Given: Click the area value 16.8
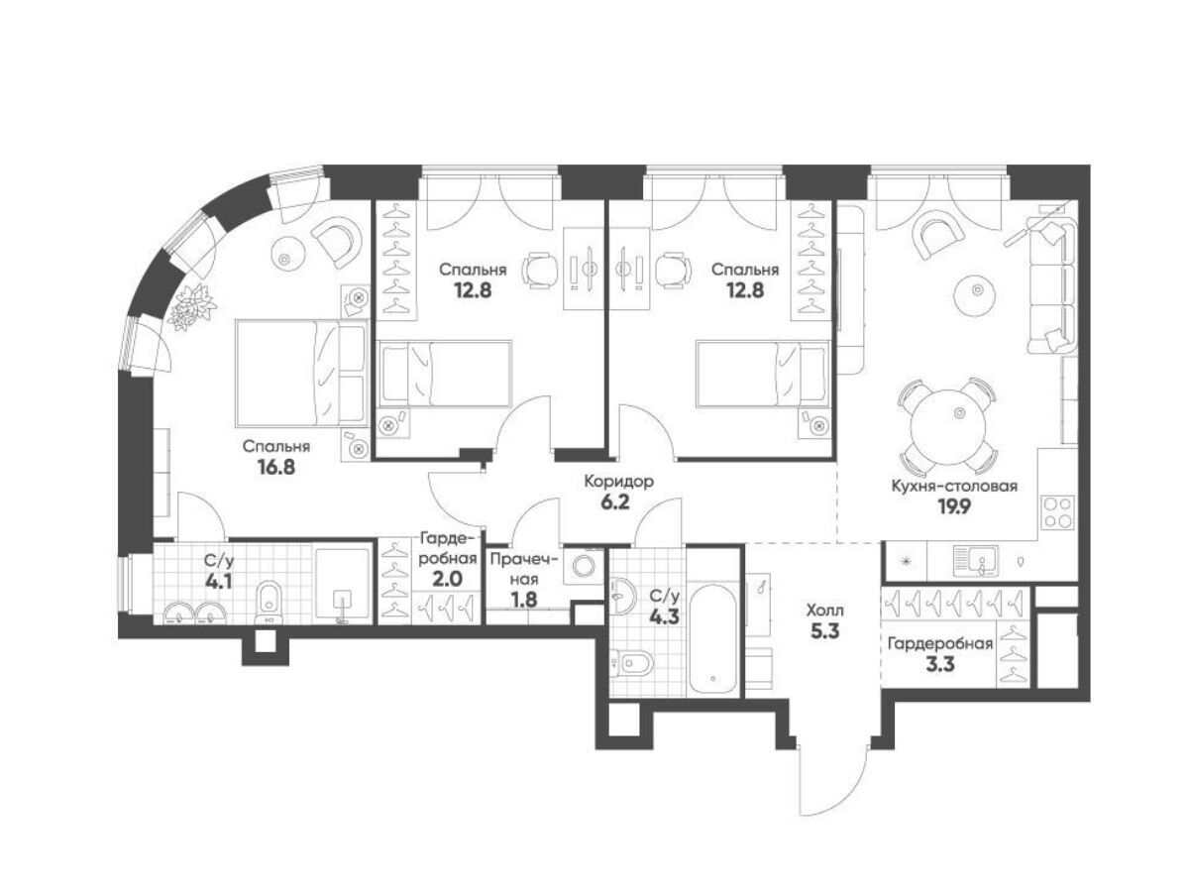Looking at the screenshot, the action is [x=276, y=466].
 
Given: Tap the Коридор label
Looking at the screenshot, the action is [x=618, y=481].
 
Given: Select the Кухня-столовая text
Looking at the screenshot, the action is [x=954, y=486].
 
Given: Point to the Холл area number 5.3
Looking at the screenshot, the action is [x=824, y=631].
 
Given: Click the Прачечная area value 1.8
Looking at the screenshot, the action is [x=524, y=600].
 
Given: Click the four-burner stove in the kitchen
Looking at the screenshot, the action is [x=1057, y=512].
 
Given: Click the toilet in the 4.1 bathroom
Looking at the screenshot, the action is [x=268, y=603].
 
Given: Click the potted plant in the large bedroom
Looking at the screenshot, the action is [x=192, y=306].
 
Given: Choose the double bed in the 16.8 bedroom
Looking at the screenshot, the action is [x=302, y=372].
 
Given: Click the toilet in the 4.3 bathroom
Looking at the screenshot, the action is [x=633, y=662].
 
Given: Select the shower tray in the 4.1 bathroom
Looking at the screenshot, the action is [x=343, y=585].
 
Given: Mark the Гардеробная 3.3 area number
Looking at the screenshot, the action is [x=940, y=663].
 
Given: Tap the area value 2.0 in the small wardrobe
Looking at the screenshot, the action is [x=448, y=579].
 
